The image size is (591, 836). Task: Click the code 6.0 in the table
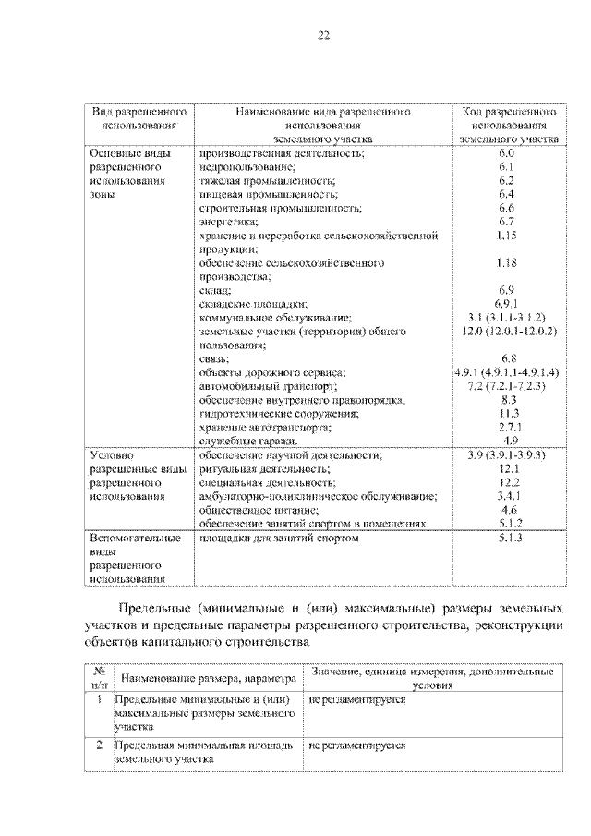tap(505, 151)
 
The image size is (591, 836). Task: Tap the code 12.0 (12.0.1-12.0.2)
tap(505, 330)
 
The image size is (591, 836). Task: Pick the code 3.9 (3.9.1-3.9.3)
tap(505, 455)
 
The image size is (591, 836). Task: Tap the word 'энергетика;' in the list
tap(227, 222)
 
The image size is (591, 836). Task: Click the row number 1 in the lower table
tap(100, 700)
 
